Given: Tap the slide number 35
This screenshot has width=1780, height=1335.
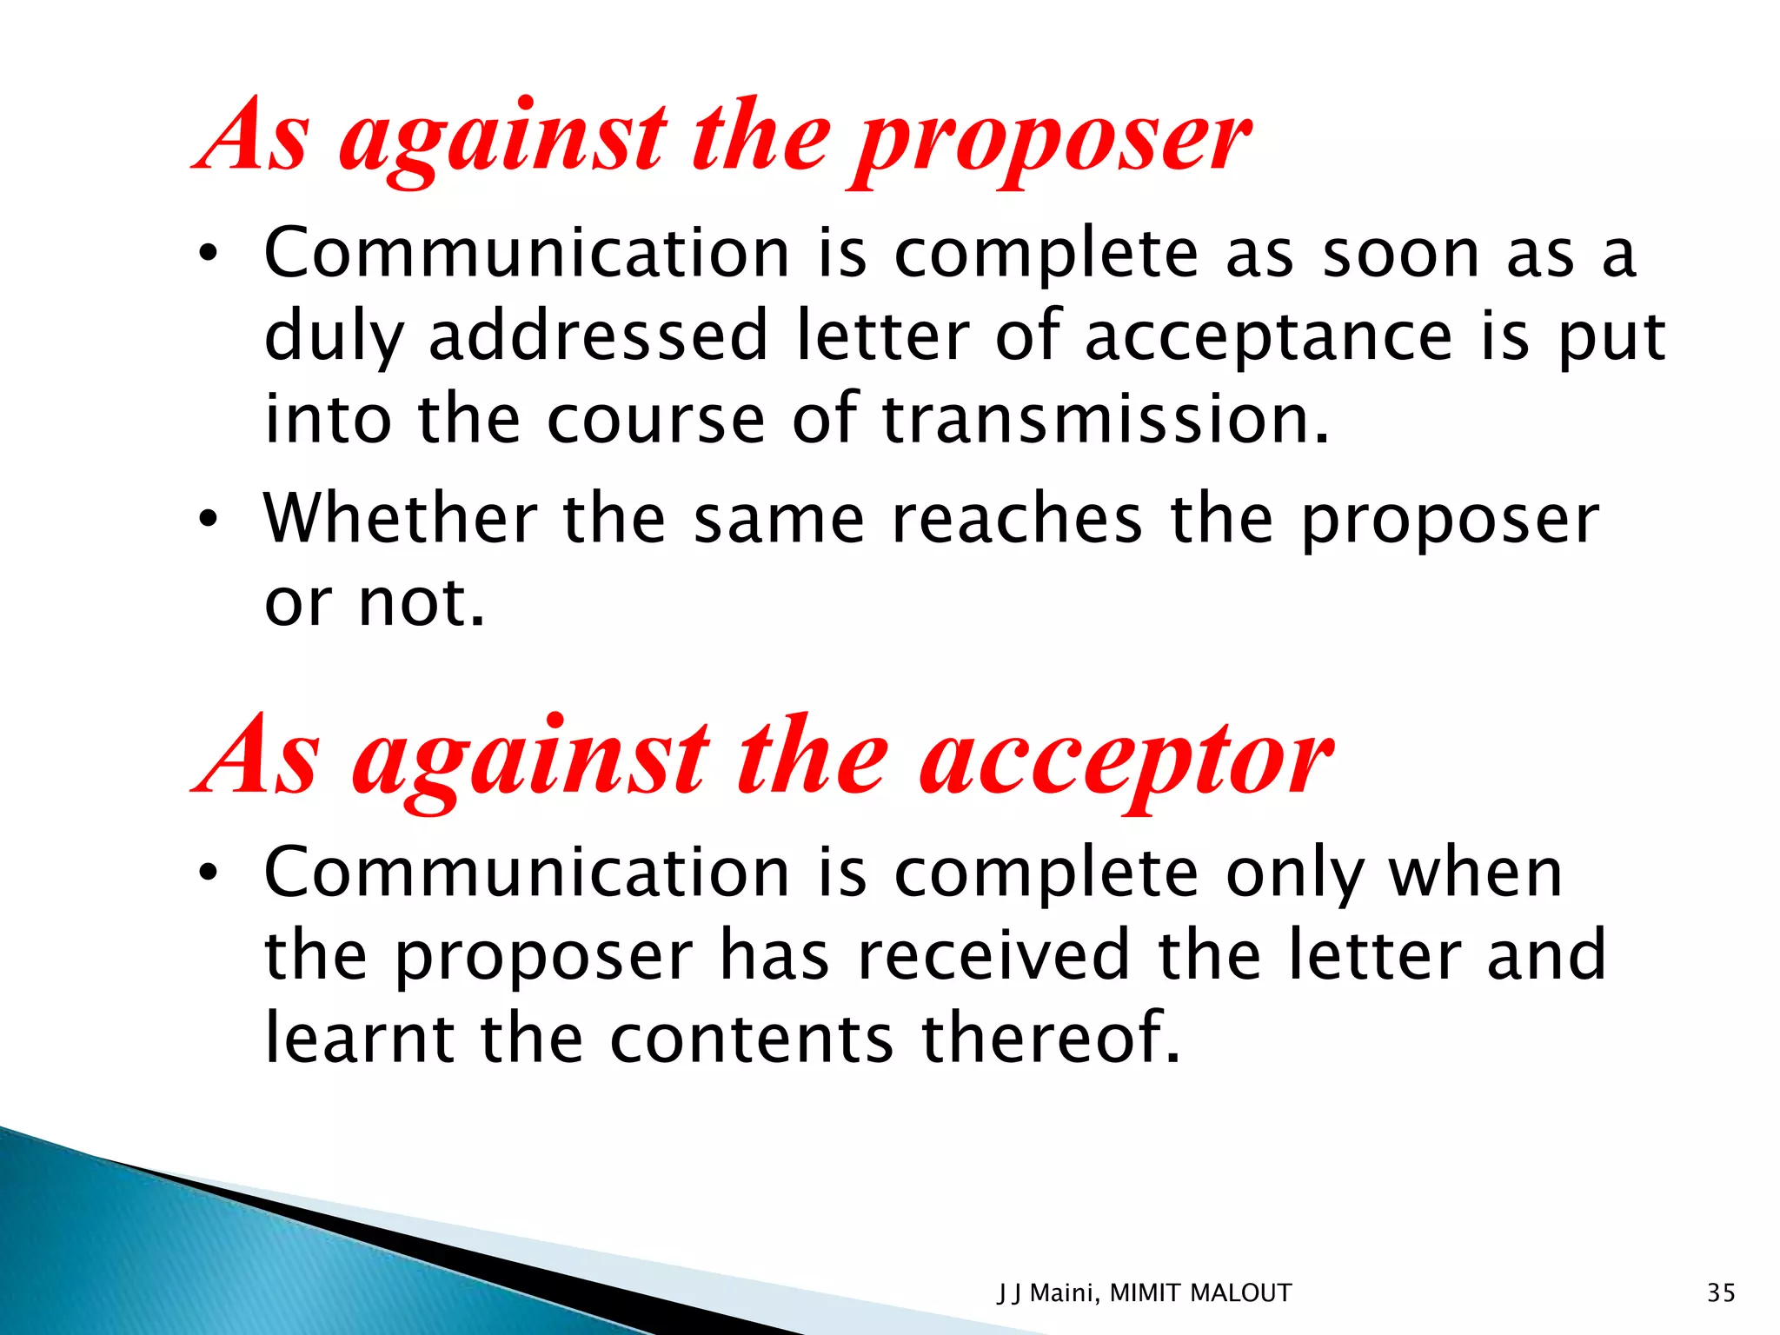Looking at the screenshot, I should tap(1721, 1293).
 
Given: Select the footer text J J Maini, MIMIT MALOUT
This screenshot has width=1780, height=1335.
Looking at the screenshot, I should tap(1144, 1293).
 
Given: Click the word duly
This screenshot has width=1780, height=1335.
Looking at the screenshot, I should tap(334, 337).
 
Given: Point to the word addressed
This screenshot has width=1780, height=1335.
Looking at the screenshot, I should tap(598, 337).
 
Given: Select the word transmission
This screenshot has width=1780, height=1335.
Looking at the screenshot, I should tap(1106, 420).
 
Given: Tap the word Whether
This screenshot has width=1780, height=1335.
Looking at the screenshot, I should tap(400, 519).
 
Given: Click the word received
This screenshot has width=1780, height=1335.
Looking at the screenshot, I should tap(993, 955).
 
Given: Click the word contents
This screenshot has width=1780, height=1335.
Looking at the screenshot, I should tap(751, 1039).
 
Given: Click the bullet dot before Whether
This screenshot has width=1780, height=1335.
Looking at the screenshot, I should tap(207, 520).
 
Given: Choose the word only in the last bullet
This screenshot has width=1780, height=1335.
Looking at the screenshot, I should tap(1295, 874).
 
